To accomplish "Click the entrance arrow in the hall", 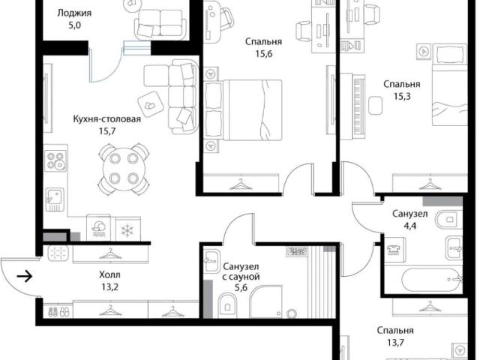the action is pyautogui.click(x=25, y=277).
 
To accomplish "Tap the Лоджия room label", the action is pyautogui.click(x=74, y=13).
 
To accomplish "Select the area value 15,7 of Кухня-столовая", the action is pyautogui.click(x=107, y=131).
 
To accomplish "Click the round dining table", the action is pyautogui.click(x=124, y=168).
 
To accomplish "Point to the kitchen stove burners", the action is pyautogui.click(x=55, y=160).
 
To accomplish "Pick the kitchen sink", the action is pyautogui.click(x=55, y=199).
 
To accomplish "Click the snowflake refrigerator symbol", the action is pyautogui.click(x=127, y=230).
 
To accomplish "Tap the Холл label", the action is pyautogui.click(x=109, y=274).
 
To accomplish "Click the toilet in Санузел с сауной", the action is pyautogui.click(x=228, y=305).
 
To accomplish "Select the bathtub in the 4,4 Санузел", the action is pyautogui.click(x=432, y=280).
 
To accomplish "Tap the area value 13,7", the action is pyautogui.click(x=395, y=343).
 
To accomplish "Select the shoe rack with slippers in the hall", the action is pyautogui.click(x=58, y=311).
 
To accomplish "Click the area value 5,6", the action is pyautogui.click(x=241, y=288).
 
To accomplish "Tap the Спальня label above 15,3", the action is pyautogui.click(x=402, y=84).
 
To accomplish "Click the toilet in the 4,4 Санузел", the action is pyautogui.click(x=449, y=219).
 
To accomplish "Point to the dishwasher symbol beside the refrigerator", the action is pyautogui.click(x=98, y=228).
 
